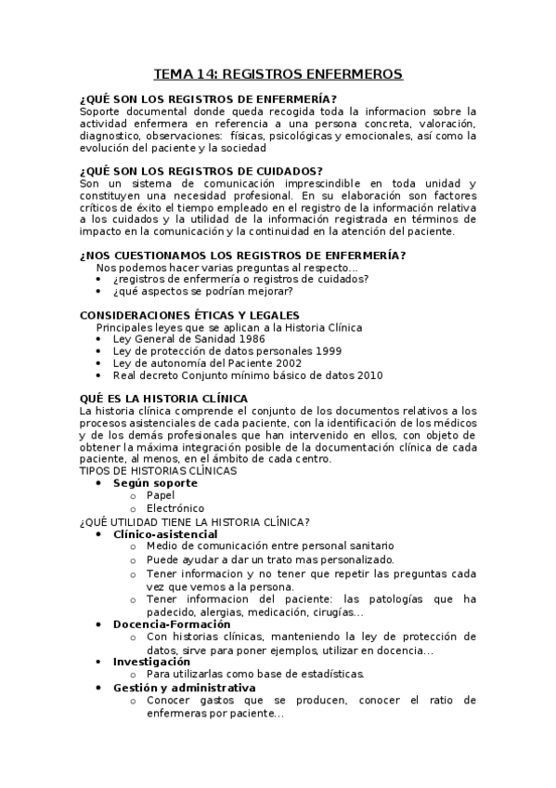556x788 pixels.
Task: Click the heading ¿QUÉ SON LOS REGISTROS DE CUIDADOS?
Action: (201, 170)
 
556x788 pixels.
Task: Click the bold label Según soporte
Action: (155, 483)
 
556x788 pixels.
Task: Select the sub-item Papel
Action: (161, 495)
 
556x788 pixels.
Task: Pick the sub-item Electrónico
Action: (175, 508)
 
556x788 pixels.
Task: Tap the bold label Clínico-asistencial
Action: (165, 534)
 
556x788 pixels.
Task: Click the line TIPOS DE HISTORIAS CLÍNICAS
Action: (159, 470)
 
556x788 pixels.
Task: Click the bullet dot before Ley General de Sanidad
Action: (100, 339)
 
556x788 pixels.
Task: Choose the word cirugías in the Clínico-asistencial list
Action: (330, 612)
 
